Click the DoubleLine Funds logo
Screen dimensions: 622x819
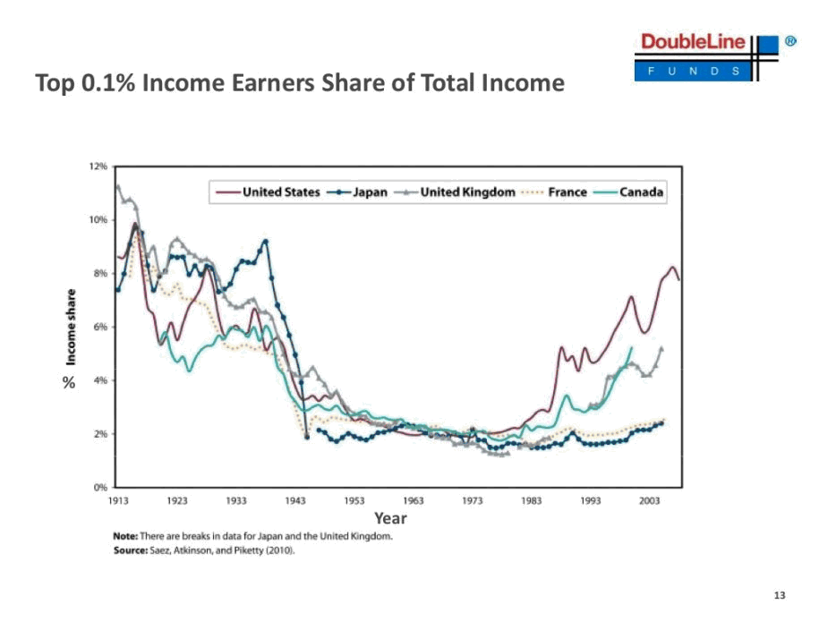coord(707,56)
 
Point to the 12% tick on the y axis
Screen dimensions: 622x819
coord(98,166)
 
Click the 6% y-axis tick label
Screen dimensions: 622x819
coord(99,327)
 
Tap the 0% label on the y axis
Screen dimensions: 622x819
coord(99,488)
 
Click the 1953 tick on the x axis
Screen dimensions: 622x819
coord(354,501)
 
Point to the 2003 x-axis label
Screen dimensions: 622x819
coord(650,501)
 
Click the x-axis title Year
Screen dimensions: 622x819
coord(390,518)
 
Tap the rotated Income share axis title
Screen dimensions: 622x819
coord(70,326)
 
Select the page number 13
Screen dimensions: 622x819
coord(778,596)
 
